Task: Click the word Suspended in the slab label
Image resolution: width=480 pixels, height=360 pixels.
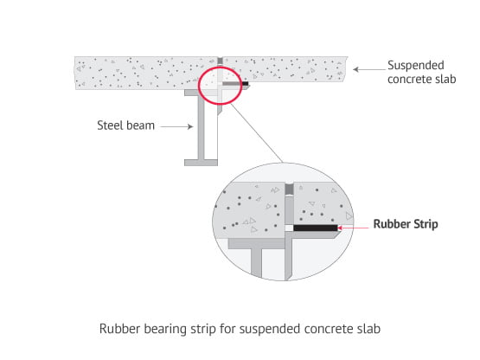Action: (x=416, y=66)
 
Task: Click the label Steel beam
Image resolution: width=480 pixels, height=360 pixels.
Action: (x=125, y=125)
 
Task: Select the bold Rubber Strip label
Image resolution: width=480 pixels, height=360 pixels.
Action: (x=406, y=224)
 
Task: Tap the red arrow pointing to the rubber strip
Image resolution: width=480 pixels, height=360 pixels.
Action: (x=353, y=228)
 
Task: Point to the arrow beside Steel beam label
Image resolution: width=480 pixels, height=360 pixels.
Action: (x=177, y=126)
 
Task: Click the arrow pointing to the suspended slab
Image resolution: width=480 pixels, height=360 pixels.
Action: (x=369, y=69)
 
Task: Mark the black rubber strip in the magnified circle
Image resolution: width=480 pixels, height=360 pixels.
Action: (x=316, y=228)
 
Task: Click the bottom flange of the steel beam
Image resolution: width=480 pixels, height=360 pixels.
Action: (x=201, y=163)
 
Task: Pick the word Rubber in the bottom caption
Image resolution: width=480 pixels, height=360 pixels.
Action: (x=120, y=329)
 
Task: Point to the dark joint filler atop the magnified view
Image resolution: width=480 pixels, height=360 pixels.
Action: (x=289, y=189)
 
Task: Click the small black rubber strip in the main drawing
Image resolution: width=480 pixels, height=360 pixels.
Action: (x=246, y=83)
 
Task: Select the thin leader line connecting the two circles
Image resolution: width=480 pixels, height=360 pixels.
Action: (x=257, y=133)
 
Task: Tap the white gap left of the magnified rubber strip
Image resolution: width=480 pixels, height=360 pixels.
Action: (x=289, y=228)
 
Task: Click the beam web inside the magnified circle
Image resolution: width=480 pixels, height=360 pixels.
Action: (x=257, y=263)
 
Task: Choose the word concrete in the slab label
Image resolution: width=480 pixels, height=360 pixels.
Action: (x=407, y=80)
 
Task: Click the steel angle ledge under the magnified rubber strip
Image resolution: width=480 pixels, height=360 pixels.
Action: (x=312, y=235)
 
